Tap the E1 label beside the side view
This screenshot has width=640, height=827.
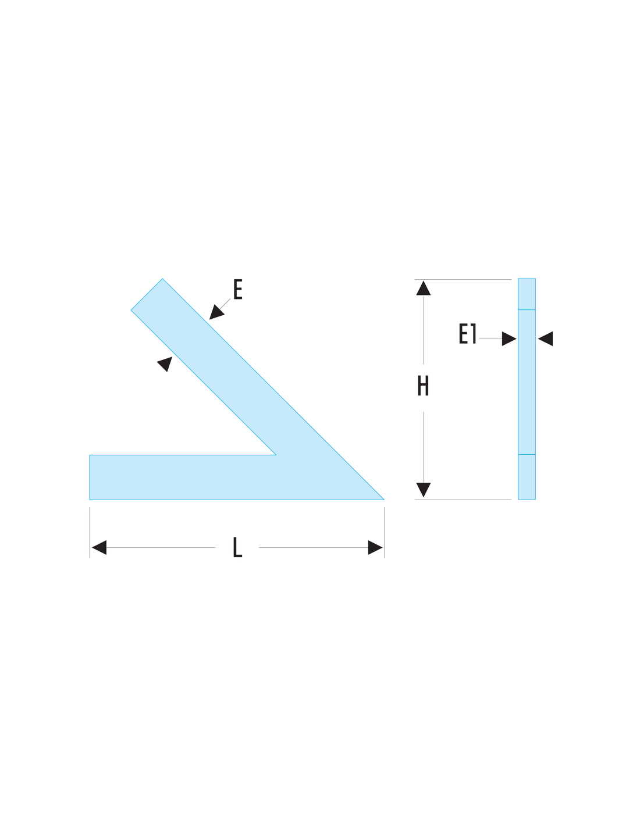pos(467,333)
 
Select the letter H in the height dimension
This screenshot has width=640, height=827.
pos(423,386)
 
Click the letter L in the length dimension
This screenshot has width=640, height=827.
pos(237,547)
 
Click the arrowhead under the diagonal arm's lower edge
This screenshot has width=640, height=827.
pos(165,363)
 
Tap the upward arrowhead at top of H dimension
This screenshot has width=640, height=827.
pos(424,288)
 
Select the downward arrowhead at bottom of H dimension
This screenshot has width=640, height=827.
pos(424,490)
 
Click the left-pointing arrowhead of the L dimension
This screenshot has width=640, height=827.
pos(99,547)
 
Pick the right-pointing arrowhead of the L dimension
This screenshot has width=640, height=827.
pos(375,547)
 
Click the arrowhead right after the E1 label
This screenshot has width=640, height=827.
pos(509,338)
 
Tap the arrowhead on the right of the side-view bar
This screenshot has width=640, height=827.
pos(545,338)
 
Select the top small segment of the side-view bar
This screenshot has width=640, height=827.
pos(527,294)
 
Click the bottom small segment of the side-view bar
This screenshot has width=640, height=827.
pos(527,477)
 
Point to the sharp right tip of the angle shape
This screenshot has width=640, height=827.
pos(384,500)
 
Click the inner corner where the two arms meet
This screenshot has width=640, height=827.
pos(276,455)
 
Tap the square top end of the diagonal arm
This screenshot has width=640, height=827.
pos(147,294)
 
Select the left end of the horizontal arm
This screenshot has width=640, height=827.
pos(90,477)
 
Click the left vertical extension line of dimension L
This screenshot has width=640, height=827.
pos(90,532)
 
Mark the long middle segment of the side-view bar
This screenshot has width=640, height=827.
pos(527,382)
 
